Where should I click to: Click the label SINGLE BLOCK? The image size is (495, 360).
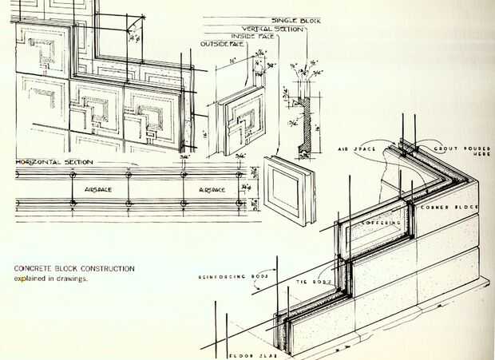pos(297,20)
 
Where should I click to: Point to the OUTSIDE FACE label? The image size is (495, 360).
pos(222,43)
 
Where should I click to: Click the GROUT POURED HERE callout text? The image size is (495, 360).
pos(456,152)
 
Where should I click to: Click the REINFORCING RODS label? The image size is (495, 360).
pos(232,277)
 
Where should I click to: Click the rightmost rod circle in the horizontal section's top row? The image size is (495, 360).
pos(239,174)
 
